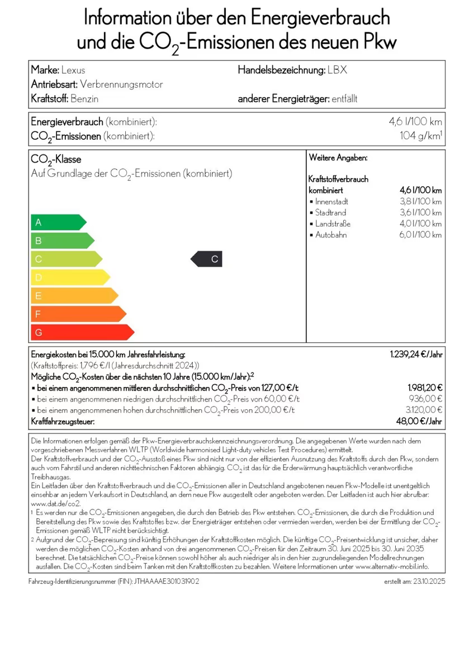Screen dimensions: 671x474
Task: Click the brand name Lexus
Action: point(74,70)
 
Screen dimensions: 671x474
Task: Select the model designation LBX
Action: point(338,70)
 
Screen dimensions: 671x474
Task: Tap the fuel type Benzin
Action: point(85,99)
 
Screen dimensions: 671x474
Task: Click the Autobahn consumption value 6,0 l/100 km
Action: point(420,235)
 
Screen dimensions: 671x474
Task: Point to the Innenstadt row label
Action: point(331,201)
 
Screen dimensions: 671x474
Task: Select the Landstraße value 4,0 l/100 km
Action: point(420,224)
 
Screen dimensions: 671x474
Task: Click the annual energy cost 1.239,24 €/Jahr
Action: point(416,355)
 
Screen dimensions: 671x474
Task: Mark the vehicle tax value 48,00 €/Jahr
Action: point(420,422)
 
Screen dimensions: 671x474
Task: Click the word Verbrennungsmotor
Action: point(122,84)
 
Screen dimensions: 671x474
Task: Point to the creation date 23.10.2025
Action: point(429,582)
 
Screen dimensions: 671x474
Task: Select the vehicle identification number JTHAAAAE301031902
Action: point(167,582)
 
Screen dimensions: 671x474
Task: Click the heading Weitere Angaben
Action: point(338,158)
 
